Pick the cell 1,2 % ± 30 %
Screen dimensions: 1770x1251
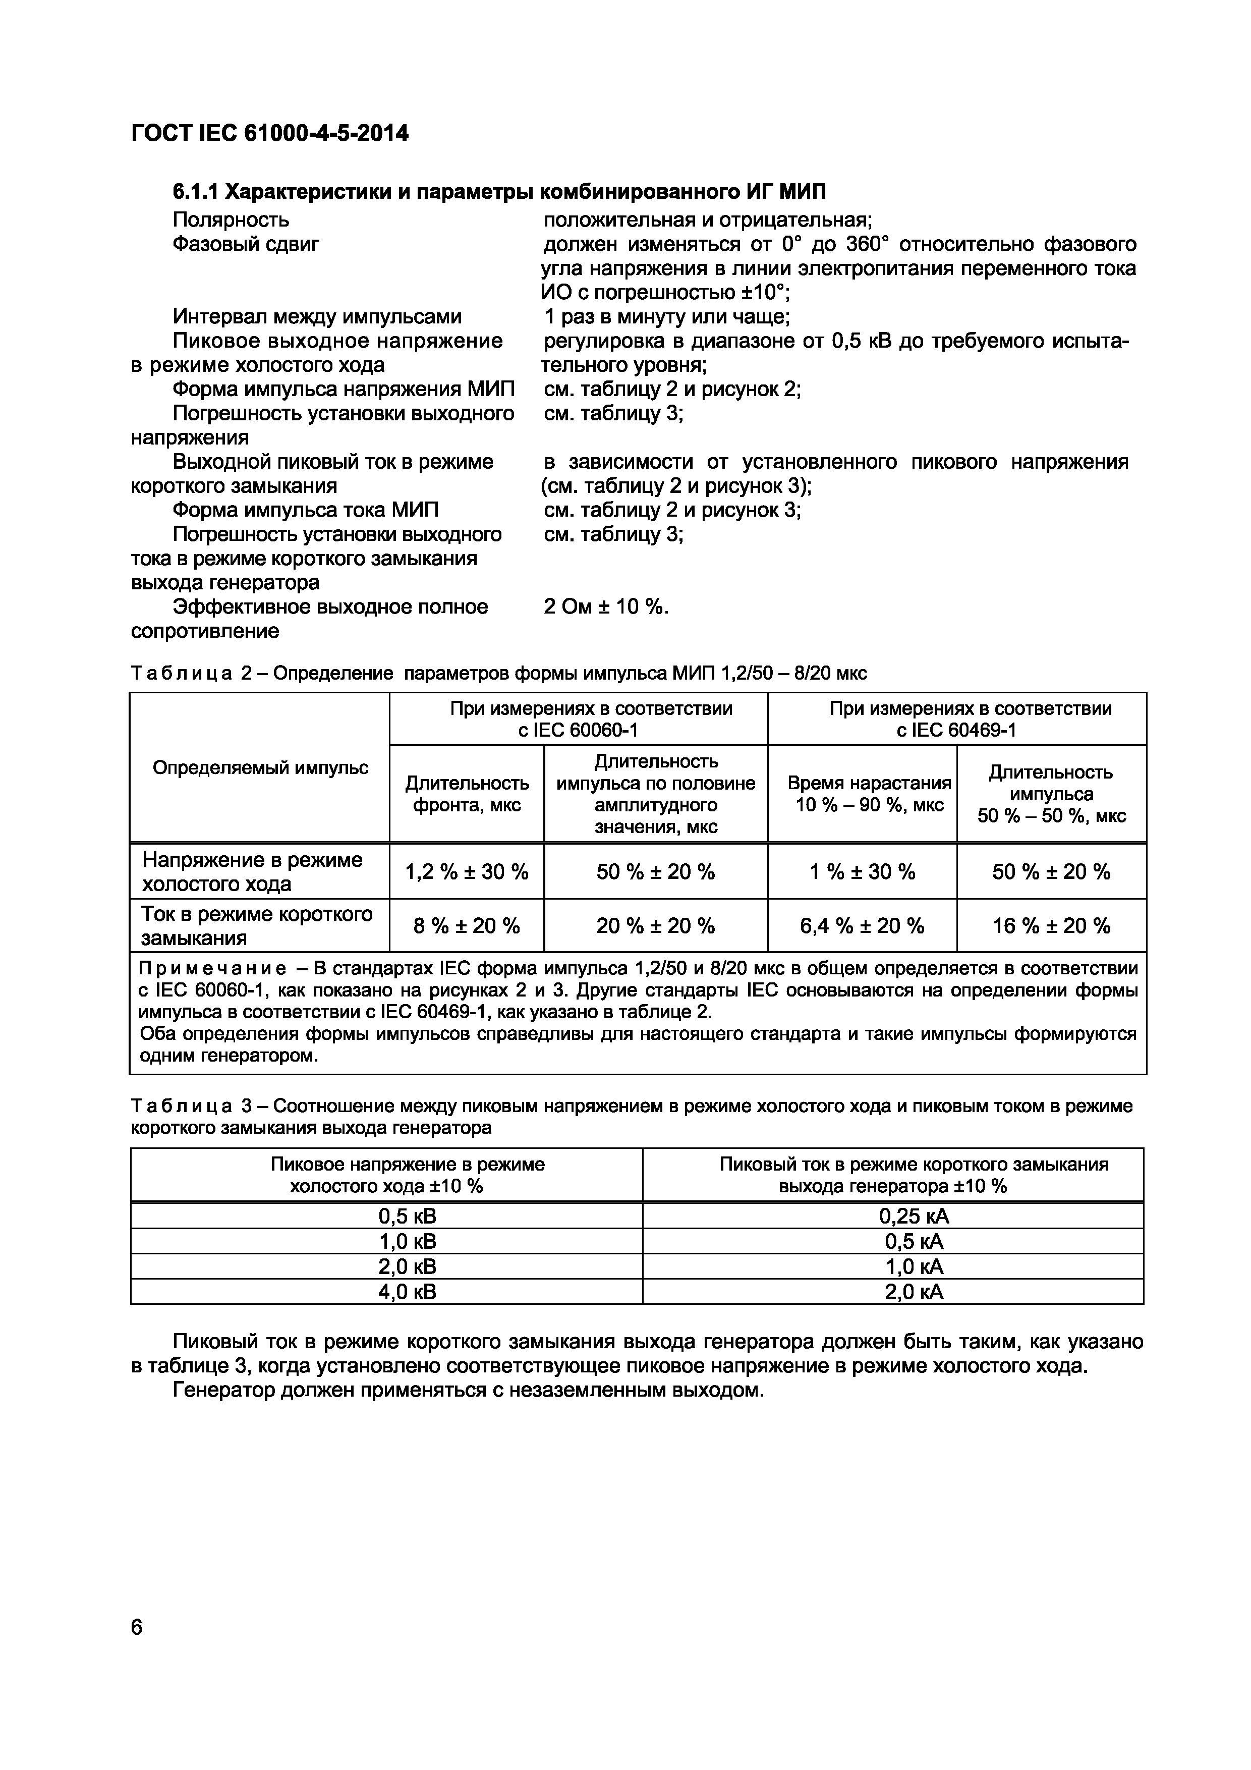(466, 872)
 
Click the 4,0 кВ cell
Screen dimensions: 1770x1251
(407, 1292)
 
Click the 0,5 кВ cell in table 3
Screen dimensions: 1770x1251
(407, 1216)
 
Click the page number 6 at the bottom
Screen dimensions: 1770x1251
(137, 1627)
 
